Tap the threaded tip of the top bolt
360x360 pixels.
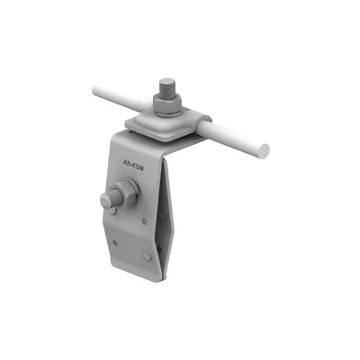(168, 86)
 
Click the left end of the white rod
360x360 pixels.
(94, 89)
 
